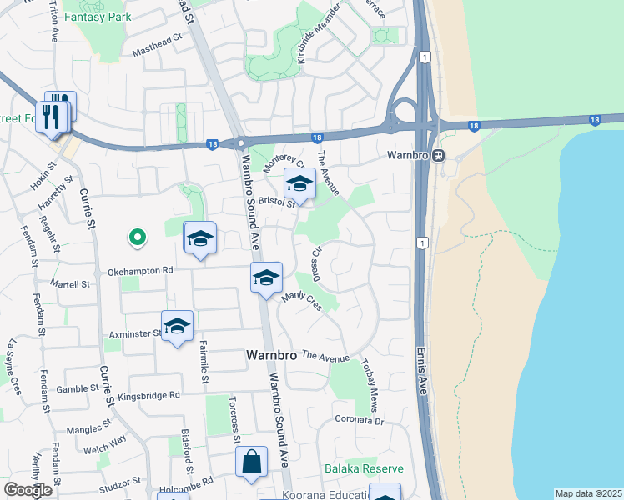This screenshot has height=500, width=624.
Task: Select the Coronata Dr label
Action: point(359,421)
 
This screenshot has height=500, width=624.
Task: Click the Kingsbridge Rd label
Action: point(148,396)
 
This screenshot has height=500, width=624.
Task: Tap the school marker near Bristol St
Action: point(299,183)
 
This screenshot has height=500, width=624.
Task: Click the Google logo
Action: point(28,490)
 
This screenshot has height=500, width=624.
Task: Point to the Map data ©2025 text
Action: point(588,493)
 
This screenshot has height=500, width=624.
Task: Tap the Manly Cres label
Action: point(301,301)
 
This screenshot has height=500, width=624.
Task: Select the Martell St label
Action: point(72,284)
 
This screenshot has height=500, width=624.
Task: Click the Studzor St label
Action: point(119,483)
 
